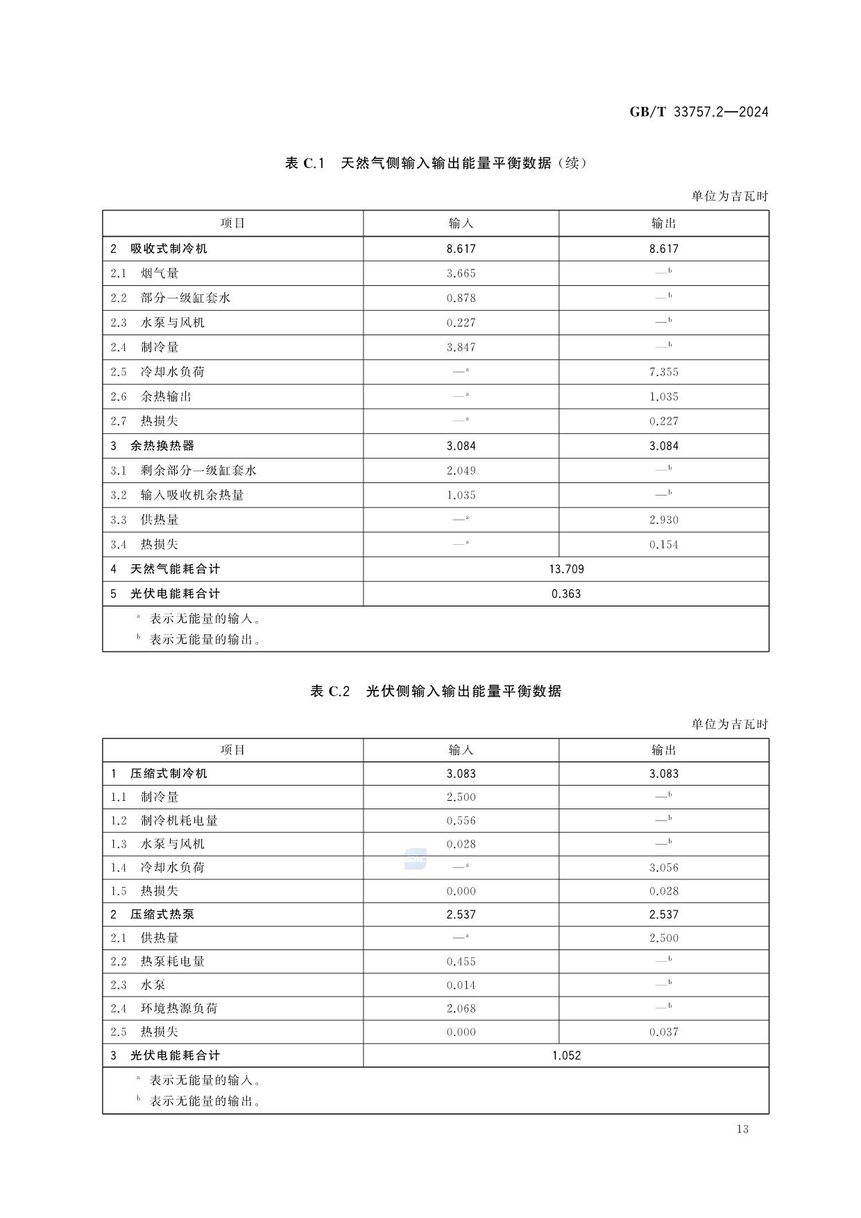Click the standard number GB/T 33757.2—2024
pos(699,112)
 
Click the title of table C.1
pos(436,163)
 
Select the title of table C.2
pos(436,691)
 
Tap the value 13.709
pos(566,569)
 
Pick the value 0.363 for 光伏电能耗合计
pos(566,594)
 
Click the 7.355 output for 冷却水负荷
pos(664,372)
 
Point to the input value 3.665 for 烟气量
pos(461,273)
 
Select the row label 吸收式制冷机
pos(169,248)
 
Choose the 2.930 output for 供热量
pos(664,520)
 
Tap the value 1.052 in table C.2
pos(566,1056)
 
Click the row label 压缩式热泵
pos(162,915)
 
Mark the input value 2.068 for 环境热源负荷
pos(461,1008)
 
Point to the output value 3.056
pos(664,868)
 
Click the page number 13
pos(742,1129)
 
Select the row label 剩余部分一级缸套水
pos(198,471)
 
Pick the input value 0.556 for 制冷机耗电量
pos(461,821)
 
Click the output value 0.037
pos(664,1032)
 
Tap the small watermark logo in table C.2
pos(415,860)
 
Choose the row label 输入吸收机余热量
pos(192,495)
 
